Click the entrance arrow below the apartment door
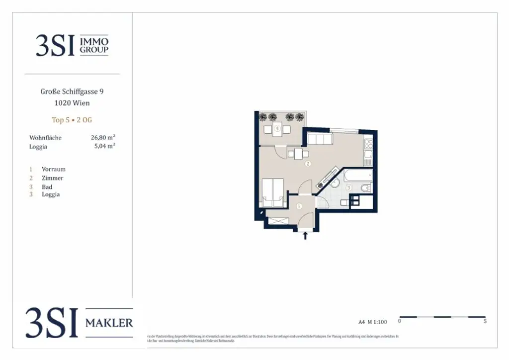tap(305, 235)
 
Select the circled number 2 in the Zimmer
tap(308, 164)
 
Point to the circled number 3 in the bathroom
tap(349, 187)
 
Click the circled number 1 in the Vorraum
tap(299, 206)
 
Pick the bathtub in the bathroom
tap(358, 175)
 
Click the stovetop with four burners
tap(368, 144)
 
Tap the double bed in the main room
tap(272, 193)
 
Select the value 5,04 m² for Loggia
tap(104, 146)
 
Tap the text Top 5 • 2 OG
tap(72, 120)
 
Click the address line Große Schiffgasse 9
tap(72, 91)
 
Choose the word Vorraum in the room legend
tap(54, 169)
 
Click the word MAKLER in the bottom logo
tap(109, 323)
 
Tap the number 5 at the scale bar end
tap(485, 322)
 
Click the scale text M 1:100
tap(378, 322)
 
